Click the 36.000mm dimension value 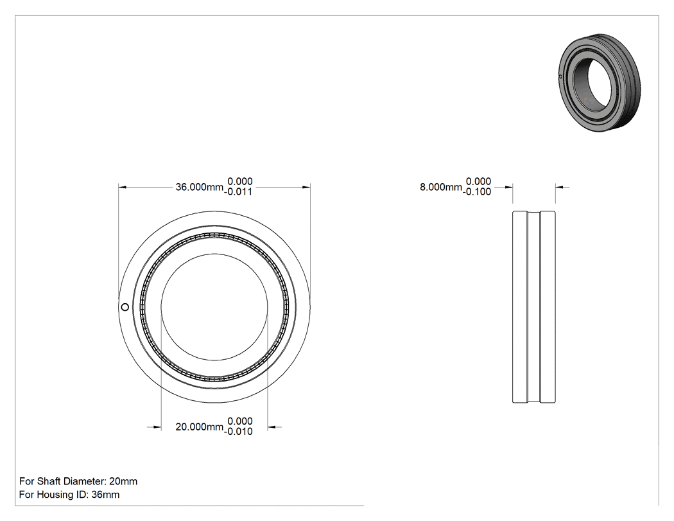coord(200,187)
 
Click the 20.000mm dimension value coord(200,427)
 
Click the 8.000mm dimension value coord(440,187)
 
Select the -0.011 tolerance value coord(238,192)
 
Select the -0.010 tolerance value coord(238,432)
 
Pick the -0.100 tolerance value coord(477,192)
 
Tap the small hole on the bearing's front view coord(125,306)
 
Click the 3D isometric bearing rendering coord(600,83)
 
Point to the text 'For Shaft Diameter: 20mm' coord(78,481)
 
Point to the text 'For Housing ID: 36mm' coord(69,494)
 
